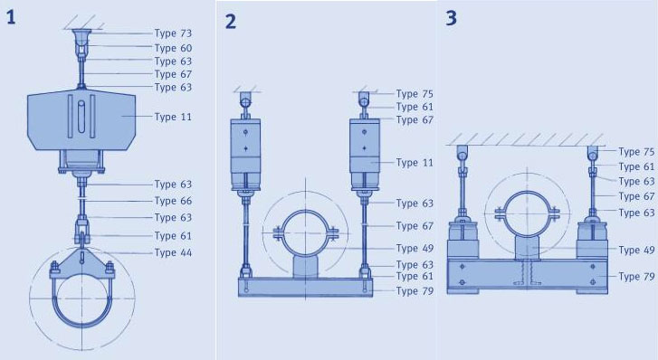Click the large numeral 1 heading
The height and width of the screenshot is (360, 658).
click(x=11, y=17)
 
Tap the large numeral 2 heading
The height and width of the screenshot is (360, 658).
click(x=231, y=22)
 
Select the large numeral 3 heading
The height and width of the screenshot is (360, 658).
click(x=451, y=18)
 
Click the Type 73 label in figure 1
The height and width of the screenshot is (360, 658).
click(x=173, y=33)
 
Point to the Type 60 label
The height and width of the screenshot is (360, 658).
click(x=173, y=48)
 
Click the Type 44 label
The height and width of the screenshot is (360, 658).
click(x=173, y=252)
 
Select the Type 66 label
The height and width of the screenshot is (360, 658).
click(x=173, y=201)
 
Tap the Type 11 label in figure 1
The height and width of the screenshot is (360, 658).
click(x=173, y=117)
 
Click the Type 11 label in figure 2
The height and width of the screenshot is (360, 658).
click(x=415, y=163)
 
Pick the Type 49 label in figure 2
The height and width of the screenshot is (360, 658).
click(x=415, y=249)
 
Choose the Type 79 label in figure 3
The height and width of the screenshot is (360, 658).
click(x=636, y=277)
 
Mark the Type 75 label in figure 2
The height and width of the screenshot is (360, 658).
click(x=415, y=93)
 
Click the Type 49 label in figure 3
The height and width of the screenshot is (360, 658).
click(x=636, y=250)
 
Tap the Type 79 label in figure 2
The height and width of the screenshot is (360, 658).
click(x=415, y=290)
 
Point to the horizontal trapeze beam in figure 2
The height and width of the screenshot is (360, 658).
click(x=305, y=288)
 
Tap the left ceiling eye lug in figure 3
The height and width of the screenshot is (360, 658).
click(x=462, y=153)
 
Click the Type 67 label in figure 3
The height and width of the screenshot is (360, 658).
click(x=636, y=196)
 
